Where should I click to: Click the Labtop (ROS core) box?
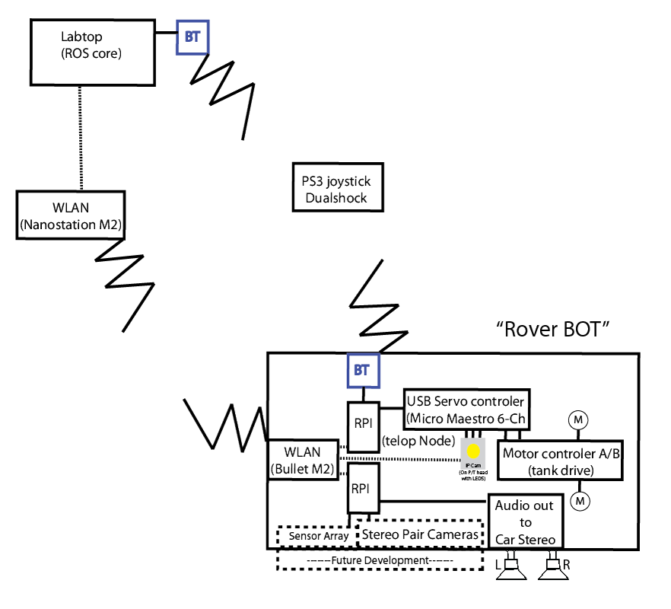[x=91, y=52]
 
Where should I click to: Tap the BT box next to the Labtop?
[x=193, y=36]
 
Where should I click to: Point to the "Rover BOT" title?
[x=554, y=330]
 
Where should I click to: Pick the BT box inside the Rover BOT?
[x=362, y=371]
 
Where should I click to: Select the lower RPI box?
[x=363, y=489]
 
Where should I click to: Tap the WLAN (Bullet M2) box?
[x=303, y=459]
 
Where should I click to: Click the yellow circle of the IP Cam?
[x=473, y=450]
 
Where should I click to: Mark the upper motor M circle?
[x=578, y=419]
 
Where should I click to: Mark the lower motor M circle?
[x=580, y=500]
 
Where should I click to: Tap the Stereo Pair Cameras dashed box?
[x=421, y=534]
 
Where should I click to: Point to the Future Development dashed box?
[x=380, y=560]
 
